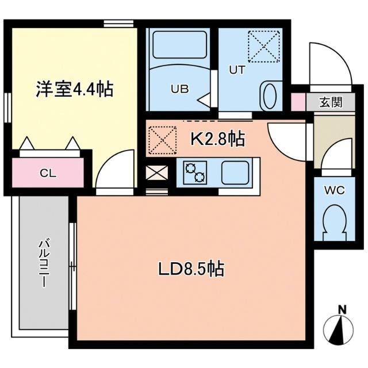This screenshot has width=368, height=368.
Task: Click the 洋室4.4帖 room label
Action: click(74, 90)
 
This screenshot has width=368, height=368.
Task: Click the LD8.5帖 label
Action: click(191, 268)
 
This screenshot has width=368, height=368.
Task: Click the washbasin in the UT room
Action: click(268, 94)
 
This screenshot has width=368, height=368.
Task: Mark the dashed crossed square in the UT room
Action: click(262, 45)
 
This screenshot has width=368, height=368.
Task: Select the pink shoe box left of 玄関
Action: click(298, 101)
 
